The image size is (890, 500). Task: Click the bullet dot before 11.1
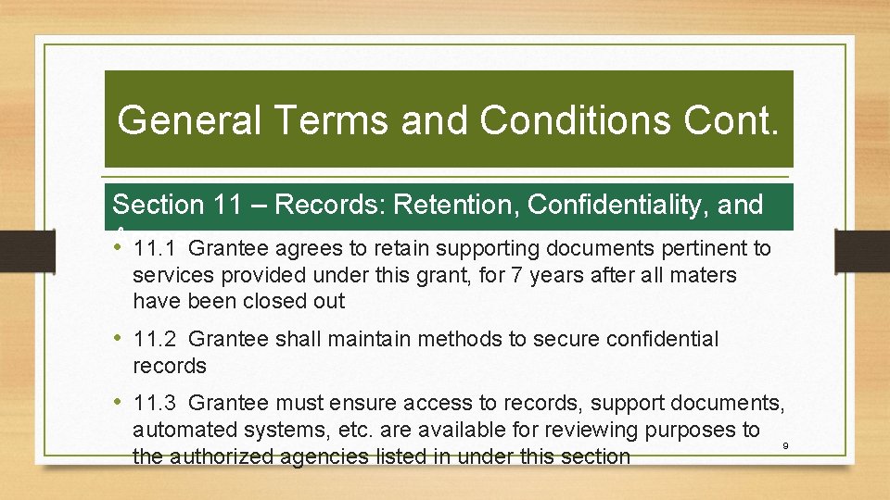coord(119,248)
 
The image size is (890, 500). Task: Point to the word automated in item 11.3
coord(179,431)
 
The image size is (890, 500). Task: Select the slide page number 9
coord(785,446)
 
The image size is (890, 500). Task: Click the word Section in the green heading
coord(157,205)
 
